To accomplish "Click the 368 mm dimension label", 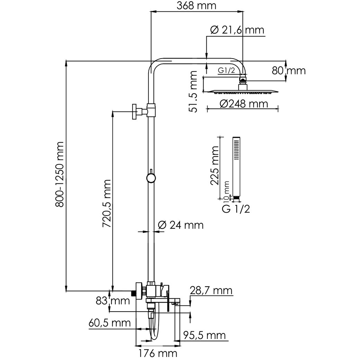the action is point(196,6).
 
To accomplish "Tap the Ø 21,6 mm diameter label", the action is point(237,30).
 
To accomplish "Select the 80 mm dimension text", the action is point(289,71).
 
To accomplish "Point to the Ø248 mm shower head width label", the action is point(244,104).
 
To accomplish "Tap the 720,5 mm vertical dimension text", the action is point(107,204).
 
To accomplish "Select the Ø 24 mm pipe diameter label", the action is point(181,225).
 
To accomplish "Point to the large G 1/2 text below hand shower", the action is point(236,209).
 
